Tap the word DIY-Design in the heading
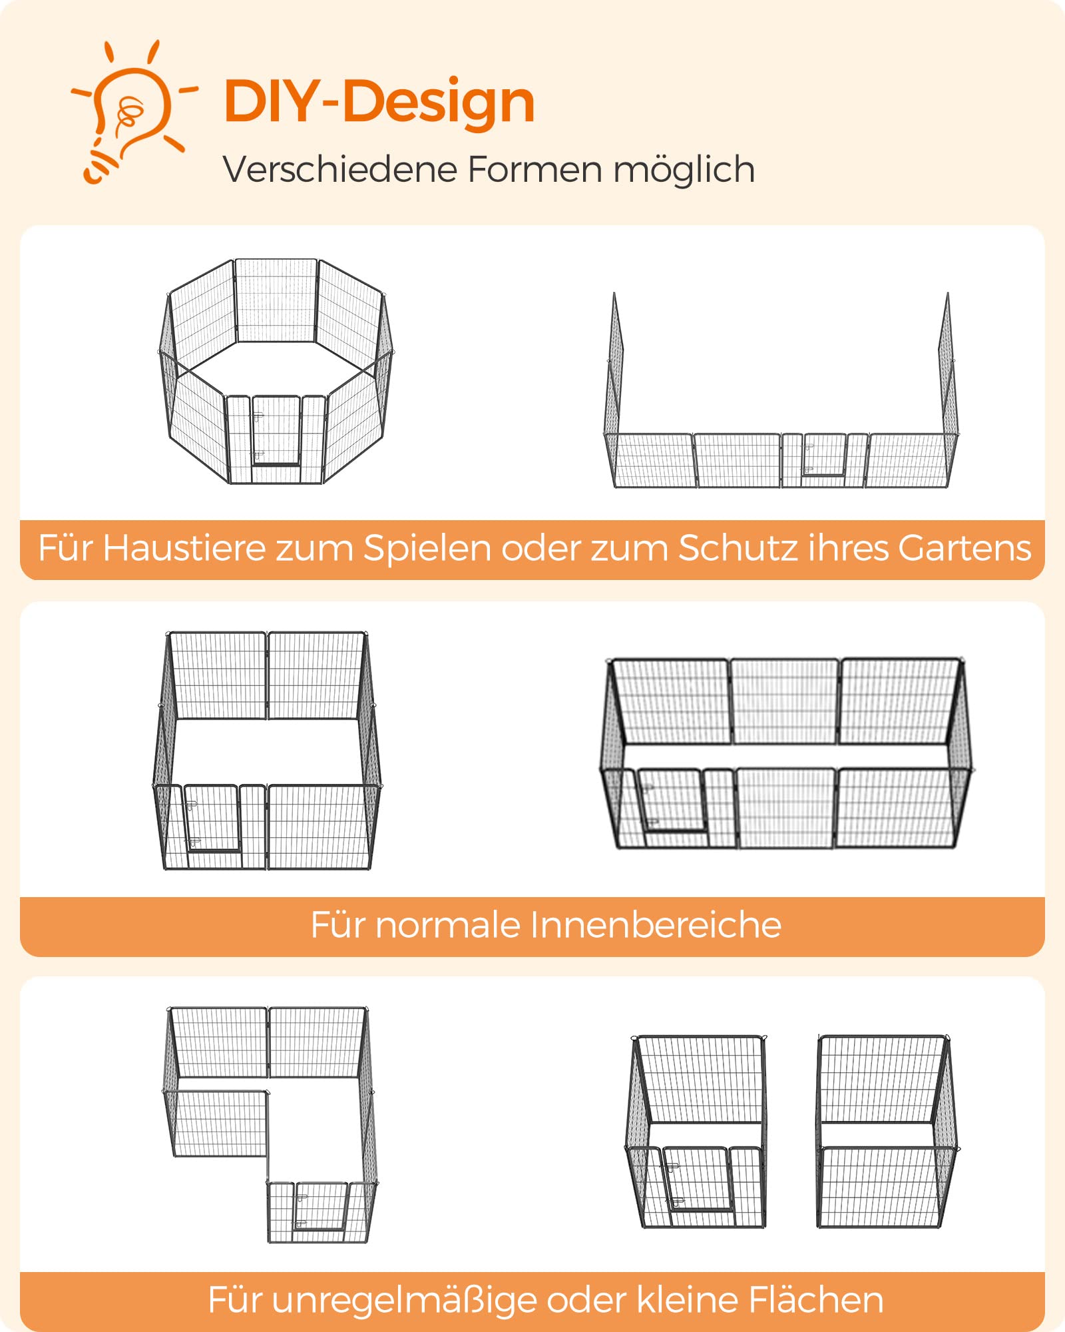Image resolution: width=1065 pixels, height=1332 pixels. click(379, 102)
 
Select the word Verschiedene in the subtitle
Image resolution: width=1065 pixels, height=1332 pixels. click(339, 169)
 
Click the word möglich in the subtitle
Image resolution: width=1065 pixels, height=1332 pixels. click(684, 170)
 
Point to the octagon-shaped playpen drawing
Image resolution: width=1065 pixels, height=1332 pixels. click(276, 371)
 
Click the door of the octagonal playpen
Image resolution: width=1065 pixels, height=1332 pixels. click(276, 431)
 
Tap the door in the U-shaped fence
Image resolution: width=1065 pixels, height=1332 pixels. click(825, 455)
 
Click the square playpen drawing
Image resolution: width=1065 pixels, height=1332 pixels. click(268, 751)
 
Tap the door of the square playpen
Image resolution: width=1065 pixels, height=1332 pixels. click(212, 819)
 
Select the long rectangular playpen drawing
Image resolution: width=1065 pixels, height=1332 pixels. click(787, 753)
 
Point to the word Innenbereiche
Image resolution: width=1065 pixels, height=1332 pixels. click(656, 926)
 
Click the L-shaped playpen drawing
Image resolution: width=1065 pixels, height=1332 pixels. click(270, 1125)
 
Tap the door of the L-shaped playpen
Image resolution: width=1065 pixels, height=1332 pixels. click(321, 1207)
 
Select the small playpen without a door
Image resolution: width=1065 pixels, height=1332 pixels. click(887, 1131)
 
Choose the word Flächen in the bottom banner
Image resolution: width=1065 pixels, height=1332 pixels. click(816, 1300)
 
